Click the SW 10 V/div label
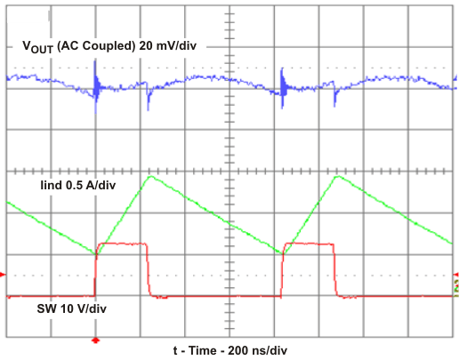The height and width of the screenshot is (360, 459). point(58,308)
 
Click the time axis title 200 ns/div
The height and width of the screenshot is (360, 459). point(230,349)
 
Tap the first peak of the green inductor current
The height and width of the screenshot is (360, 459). point(150,176)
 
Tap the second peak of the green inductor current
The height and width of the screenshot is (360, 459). point(336,176)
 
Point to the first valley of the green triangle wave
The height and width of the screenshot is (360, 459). point(96,254)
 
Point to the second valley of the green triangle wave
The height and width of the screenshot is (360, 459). point(282,254)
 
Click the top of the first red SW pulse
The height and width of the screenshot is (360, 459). point(121,243)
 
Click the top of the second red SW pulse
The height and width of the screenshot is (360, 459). point(307,243)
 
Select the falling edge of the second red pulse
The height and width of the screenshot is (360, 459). point(334,271)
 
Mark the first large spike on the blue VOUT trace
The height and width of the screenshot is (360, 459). point(96,89)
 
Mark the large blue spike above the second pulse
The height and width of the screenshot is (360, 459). point(282,86)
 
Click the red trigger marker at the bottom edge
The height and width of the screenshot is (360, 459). point(96,340)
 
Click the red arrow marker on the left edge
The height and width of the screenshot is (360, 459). point(4,276)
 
